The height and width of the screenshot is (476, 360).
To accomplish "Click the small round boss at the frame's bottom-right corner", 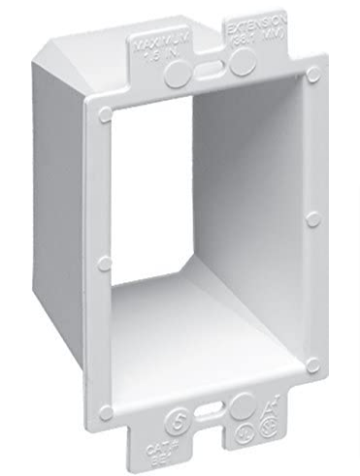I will pos(312,364).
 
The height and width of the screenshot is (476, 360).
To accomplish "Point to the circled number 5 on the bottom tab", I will pos(179,421).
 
